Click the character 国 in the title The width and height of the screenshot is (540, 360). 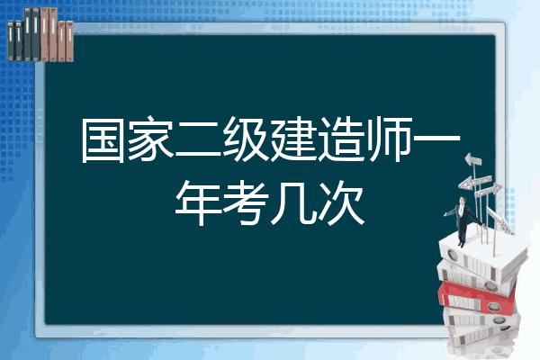pyautogui.click(x=103, y=139)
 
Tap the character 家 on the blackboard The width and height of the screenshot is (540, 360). pyautogui.click(x=150, y=139)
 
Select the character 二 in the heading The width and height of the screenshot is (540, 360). pyautogui.click(x=198, y=140)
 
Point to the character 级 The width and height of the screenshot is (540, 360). pyautogui.click(x=245, y=139)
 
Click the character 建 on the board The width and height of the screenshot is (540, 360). pyautogui.click(x=292, y=139)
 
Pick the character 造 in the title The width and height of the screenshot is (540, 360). pyautogui.click(x=340, y=139)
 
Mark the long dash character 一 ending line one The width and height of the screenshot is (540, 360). pyautogui.click(x=436, y=139)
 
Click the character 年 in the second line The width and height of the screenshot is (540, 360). pyautogui.click(x=198, y=202)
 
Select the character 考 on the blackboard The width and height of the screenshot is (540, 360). pyautogui.click(x=245, y=202)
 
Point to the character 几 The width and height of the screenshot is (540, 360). pyautogui.click(x=292, y=202)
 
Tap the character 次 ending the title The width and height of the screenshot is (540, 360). pyautogui.click(x=340, y=202)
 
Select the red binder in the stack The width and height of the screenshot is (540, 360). pyautogui.click(x=476, y=298)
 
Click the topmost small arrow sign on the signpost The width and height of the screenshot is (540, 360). pyautogui.click(x=473, y=159)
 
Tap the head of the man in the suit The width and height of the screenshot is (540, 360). pyautogui.click(x=463, y=200)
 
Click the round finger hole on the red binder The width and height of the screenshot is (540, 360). pyautogui.click(x=494, y=306)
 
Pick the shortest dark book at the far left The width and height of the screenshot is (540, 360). pyautogui.click(x=11, y=41)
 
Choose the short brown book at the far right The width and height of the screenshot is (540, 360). pyautogui.click(x=70, y=41)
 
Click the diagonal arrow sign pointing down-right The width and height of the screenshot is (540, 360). pyautogui.click(x=499, y=220)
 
